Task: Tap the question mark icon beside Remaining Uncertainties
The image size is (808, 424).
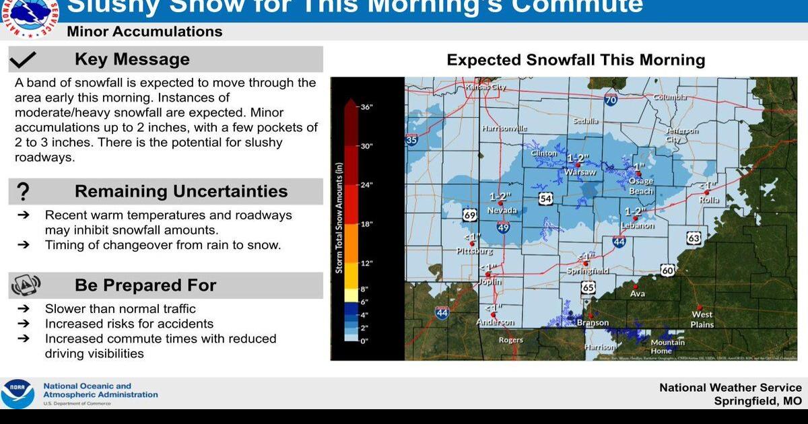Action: click(x=23, y=192)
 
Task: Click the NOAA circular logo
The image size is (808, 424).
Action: click(x=17, y=394)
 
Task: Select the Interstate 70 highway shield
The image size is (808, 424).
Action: click(x=611, y=100)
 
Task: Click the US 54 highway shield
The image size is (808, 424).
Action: click(x=545, y=199)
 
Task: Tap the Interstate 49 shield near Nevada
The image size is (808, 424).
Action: click(x=503, y=227)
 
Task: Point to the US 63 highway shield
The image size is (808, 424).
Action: click(x=694, y=238)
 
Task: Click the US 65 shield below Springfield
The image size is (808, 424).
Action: click(x=588, y=287)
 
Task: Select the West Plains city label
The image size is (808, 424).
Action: click(x=702, y=319)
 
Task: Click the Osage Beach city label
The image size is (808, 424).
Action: click(x=640, y=186)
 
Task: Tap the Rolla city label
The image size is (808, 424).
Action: click(x=709, y=199)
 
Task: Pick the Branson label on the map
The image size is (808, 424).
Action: click(x=593, y=323)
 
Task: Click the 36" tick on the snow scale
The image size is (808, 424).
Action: click(x=366, y=106)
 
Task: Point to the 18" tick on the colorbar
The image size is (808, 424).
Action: click(x=366, y=224)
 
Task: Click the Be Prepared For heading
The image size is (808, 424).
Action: click(x=145, y=285)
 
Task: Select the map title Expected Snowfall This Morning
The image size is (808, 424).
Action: click(x=576, y=60)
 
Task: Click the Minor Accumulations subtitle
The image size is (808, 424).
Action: click(x=144, y=32)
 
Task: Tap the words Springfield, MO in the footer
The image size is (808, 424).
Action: click(x=758, y=401)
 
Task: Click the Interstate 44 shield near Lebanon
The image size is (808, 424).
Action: click(x=619, y=241)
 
